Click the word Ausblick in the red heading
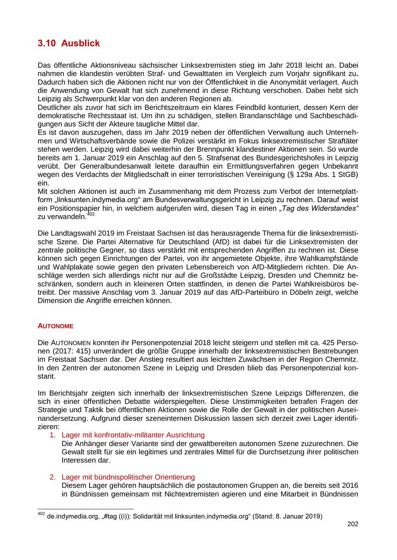point(81,43)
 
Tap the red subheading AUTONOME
point(56,326)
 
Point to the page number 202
point(353,524)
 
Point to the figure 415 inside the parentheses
point(83,350)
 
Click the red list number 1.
point(52,435)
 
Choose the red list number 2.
point(52,477)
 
